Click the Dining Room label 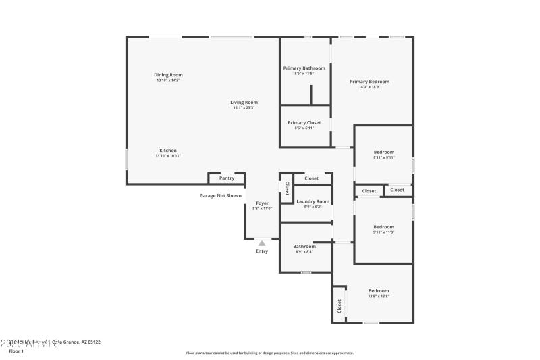pos(168,75)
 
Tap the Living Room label pos(244,102)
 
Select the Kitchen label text pos(168,150)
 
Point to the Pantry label pos(227,178)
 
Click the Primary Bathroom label pos(304,68)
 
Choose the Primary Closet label pos(304,122)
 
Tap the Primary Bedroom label pos(369,82)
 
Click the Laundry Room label pos(313,201)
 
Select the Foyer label pos(262,203)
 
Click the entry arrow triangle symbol pos(262,242)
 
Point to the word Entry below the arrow pos(262,251)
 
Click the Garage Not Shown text pos(220,196)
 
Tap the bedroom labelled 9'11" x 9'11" pos(384,152)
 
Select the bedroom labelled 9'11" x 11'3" pos(384,227)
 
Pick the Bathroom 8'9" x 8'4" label pos(304,247)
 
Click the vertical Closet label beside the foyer pos(287,188)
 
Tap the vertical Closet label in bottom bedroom pos(340,306)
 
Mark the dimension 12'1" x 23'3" pos(244,107)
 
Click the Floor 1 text pos(16,351)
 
